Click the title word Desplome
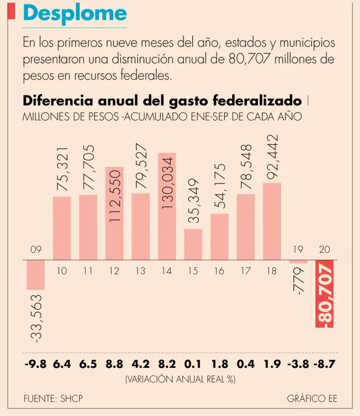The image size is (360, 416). click(75, 14)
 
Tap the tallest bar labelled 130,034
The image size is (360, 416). click(167, 206)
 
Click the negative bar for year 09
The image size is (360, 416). click(36, 275)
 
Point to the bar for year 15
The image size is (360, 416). click(193, 244)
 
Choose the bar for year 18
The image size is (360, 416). click(272, 221)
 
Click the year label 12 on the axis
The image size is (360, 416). click(114, 271)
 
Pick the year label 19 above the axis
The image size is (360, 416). click(298, 250)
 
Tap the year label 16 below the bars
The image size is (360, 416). click(219, 271)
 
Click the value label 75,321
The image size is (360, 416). click(62, 168)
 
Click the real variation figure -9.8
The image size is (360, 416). click(36, 363)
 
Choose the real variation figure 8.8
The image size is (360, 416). click(114, 363)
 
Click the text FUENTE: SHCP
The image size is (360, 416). click(53, 398)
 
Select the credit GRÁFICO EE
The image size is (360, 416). click(312, 398)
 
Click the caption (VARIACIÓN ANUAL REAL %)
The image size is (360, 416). click(180, 379)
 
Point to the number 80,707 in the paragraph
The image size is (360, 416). click(250, 58)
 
